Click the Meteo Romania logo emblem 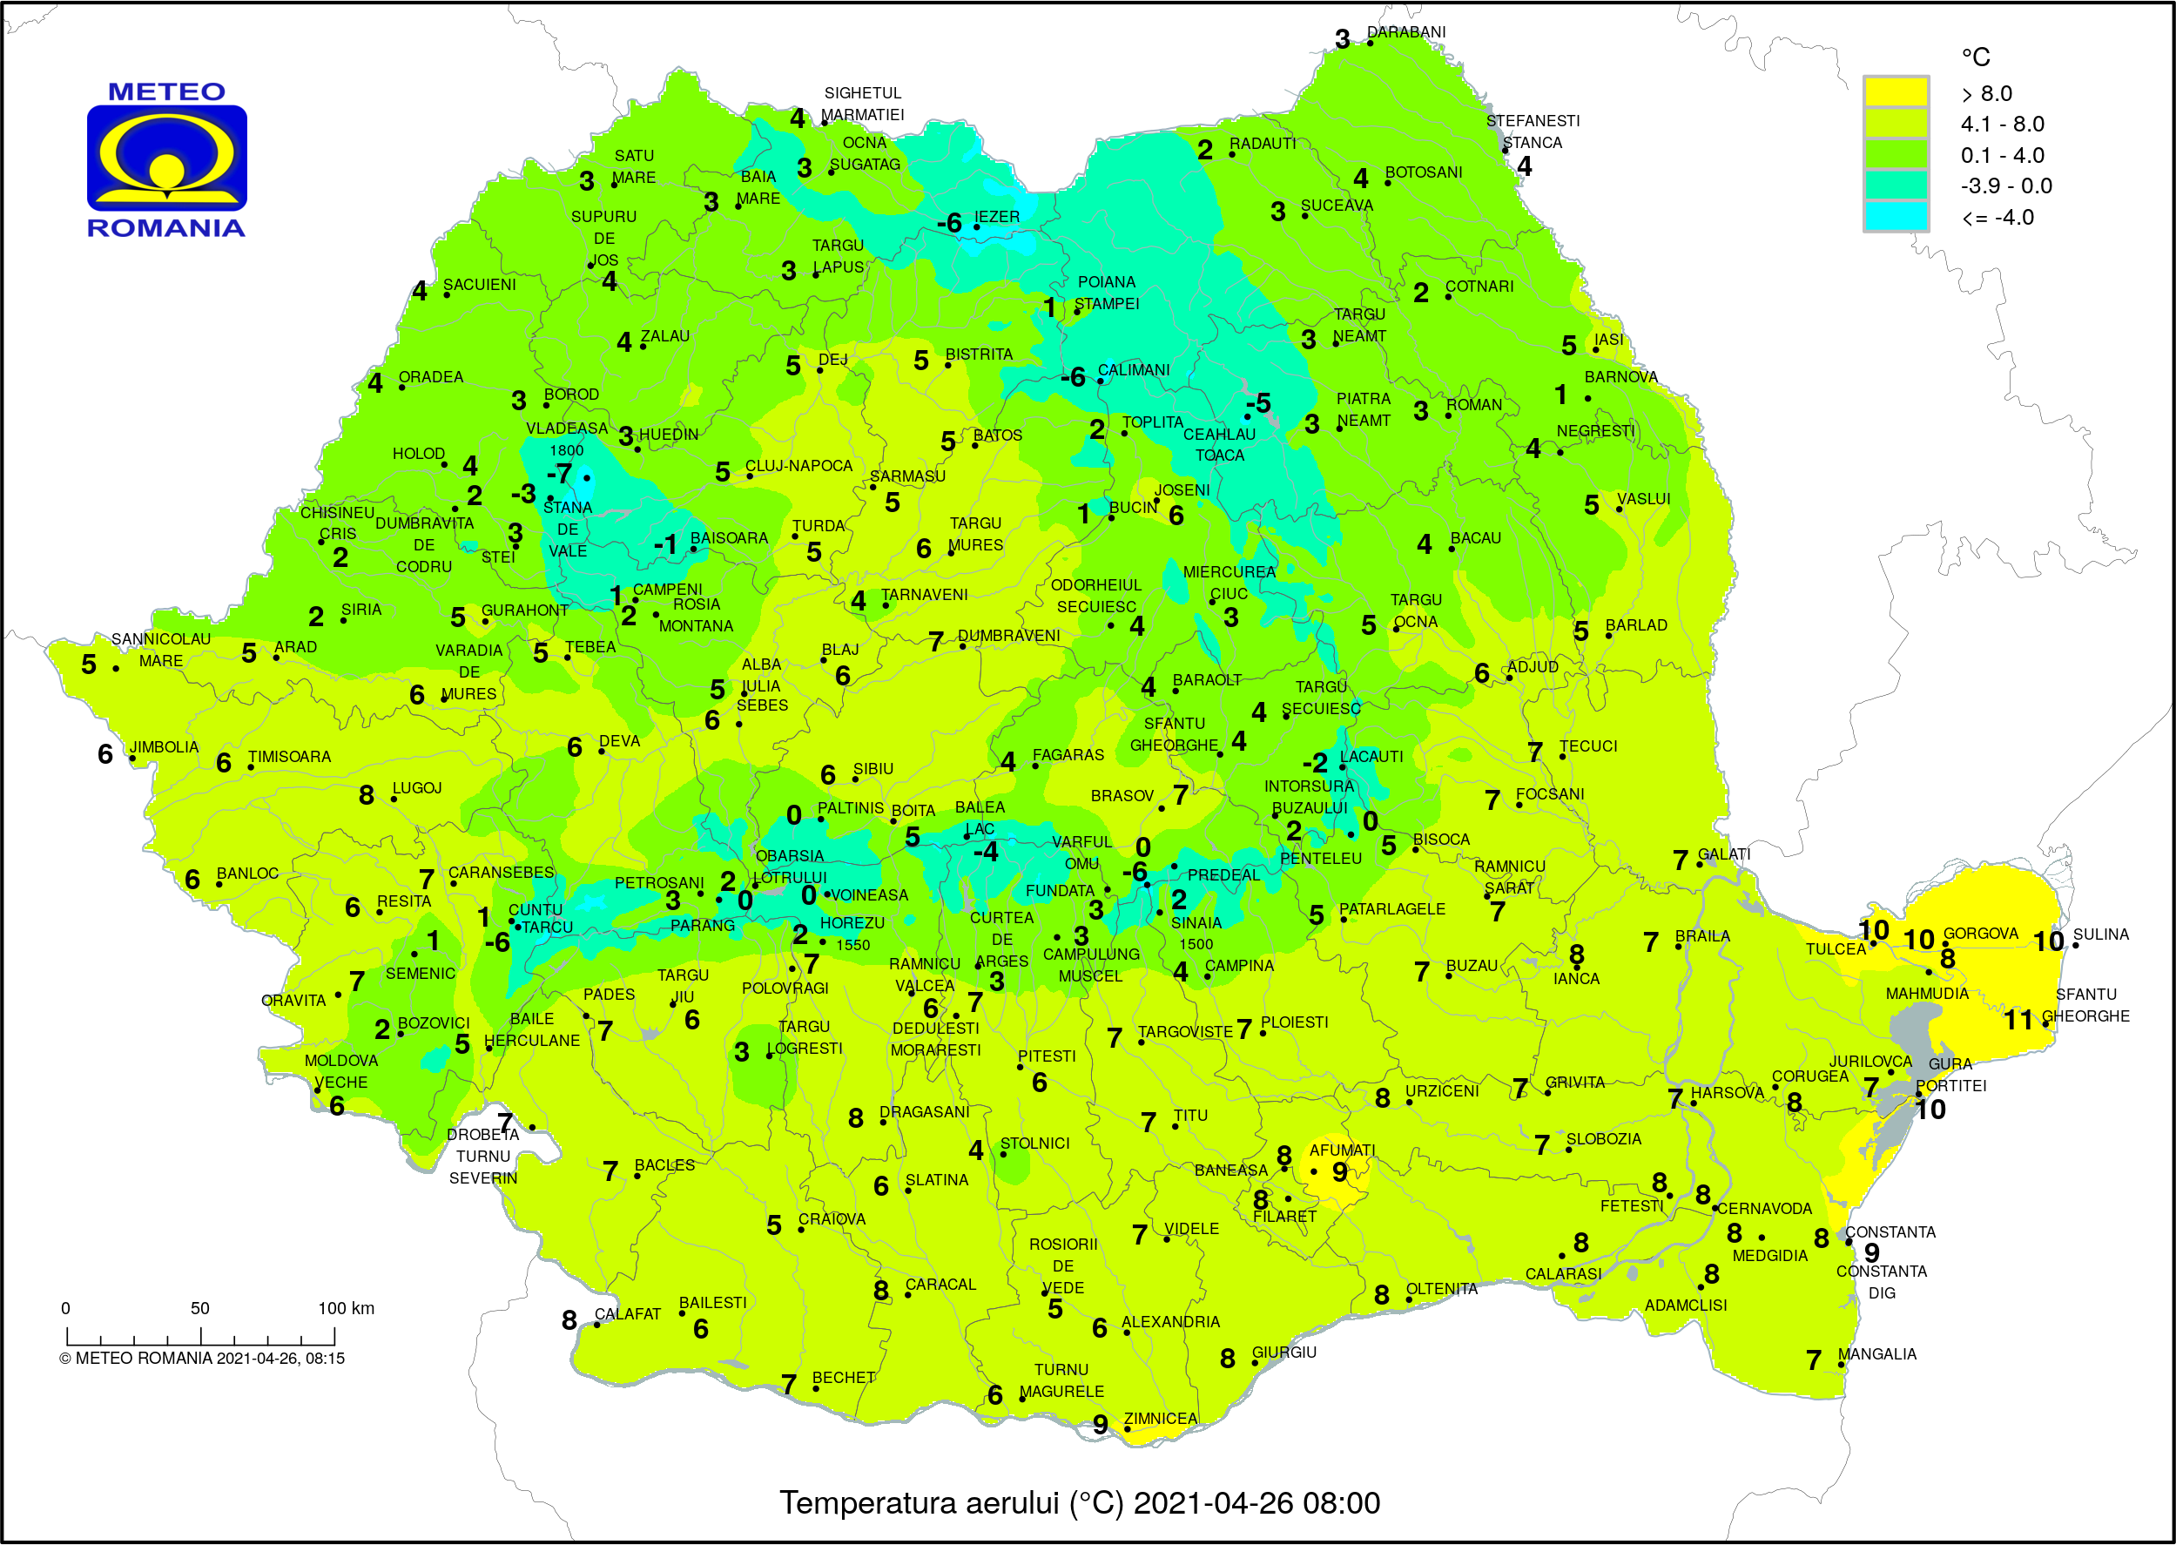tap(166, 158)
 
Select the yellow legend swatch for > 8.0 tap(1895, 92)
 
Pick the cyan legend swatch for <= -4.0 tap(1895, 216)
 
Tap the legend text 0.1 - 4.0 tap(2001, 155)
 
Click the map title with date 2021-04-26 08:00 tap(1080, 1502)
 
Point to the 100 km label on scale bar tap(347, 1308)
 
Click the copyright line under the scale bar tap(202, 1358)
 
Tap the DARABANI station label tap(1405, 32)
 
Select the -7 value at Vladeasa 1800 tap(559, 473)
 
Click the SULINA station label tap(2100, 934)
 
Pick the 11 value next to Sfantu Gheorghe tap(2018, 1020)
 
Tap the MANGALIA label tap(1876, 1353)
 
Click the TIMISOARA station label tap(289, 756)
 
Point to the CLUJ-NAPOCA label tap(798, 465)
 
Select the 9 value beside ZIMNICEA tap(1100, 1424)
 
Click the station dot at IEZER tap(976, 226)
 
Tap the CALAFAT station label tap(627, 1314)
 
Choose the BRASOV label tap(1122, 795)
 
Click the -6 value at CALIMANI tap(1072, 378)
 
